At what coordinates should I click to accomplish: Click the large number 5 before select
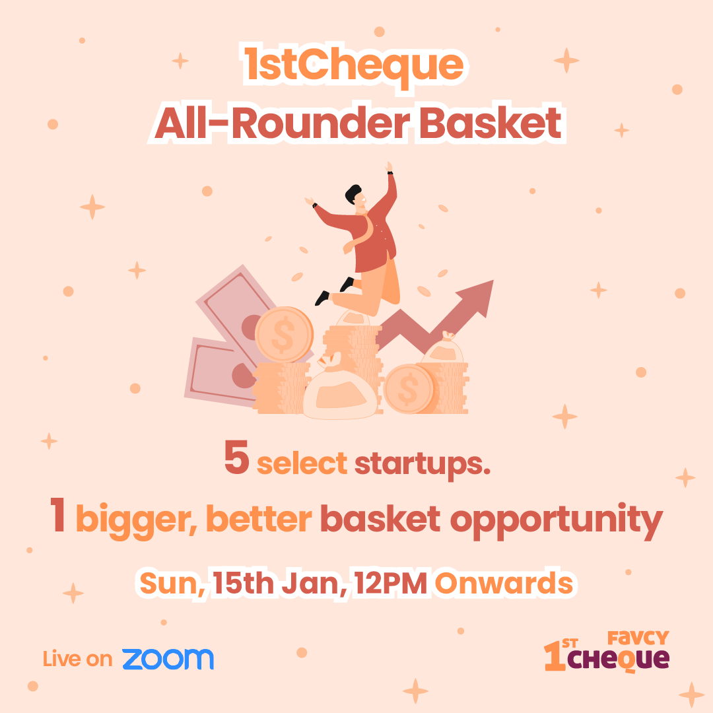coord(236,458)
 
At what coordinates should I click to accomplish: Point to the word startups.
coord(423,465)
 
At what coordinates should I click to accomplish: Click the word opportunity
coord(557,521)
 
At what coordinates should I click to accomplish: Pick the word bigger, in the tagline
coord(137,521)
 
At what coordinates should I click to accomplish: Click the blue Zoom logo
coord(168,659)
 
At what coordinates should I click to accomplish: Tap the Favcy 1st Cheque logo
coord(607,651)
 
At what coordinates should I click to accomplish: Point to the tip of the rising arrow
coord(493,281)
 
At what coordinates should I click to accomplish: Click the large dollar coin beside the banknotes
coord(284,335)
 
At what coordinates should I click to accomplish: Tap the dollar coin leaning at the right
coord(409,390)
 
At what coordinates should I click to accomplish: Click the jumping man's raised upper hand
coord(389,167)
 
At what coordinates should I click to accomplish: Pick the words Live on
coord(78,659)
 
